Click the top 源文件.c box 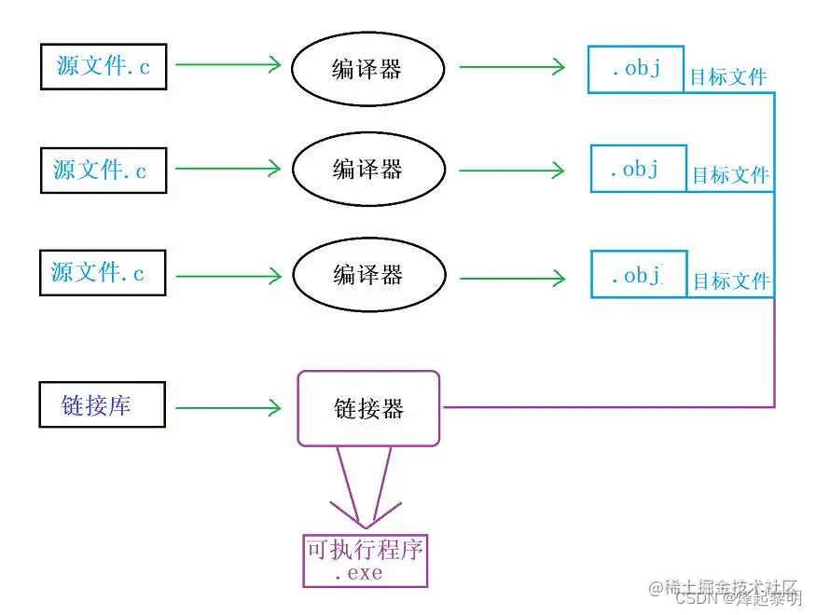(103, 67)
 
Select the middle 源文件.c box (103, 171)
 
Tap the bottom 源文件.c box (103, 273)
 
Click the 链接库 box (103, 404)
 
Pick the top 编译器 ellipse (367, 68)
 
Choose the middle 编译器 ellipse (367, 170)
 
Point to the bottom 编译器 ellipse (367, 276)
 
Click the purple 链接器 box (368, 408)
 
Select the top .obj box (636, 69)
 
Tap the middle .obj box (638, 169)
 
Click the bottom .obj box (639, 275)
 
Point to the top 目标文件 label (727, 77)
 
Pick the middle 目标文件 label (730, 175)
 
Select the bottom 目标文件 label (731, 280)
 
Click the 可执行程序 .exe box (365, 560)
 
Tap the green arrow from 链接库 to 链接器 (228, 407)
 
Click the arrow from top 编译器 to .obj (511, 67)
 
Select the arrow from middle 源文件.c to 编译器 (228, 169)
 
